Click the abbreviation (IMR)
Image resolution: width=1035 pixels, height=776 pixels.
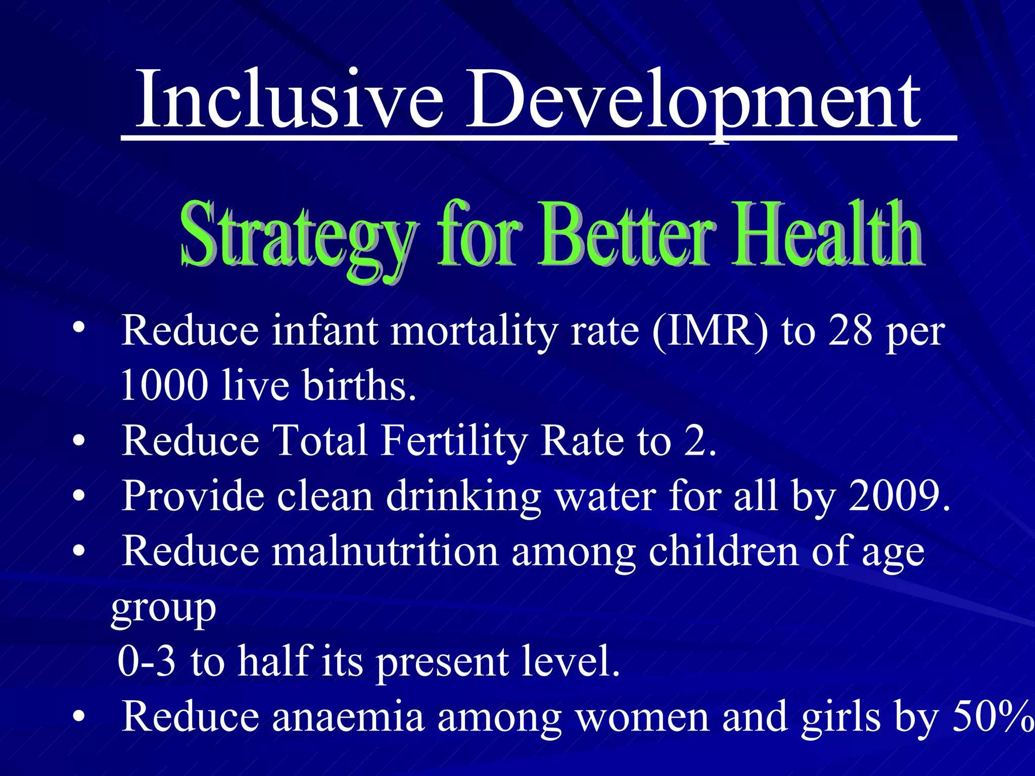pyautogui.click(x=710, y=331)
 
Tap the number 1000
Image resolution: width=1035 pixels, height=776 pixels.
pyautogui.click(x=165, y=385)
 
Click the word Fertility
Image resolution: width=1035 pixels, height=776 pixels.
pyautogui.click(x=453, y=441)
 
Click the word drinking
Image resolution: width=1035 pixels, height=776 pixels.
pyautogui.click(x=463, y=496)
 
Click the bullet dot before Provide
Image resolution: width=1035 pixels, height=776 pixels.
pyautogui.click(x=78, y=497)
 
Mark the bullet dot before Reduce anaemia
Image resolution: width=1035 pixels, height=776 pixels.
pyautogui.click(x=78, y=717)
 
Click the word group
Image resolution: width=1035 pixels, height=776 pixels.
pyautogui.click(x=164, y=609)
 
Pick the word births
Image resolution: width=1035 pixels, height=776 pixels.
pyautogui.click(x=360, y=385)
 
